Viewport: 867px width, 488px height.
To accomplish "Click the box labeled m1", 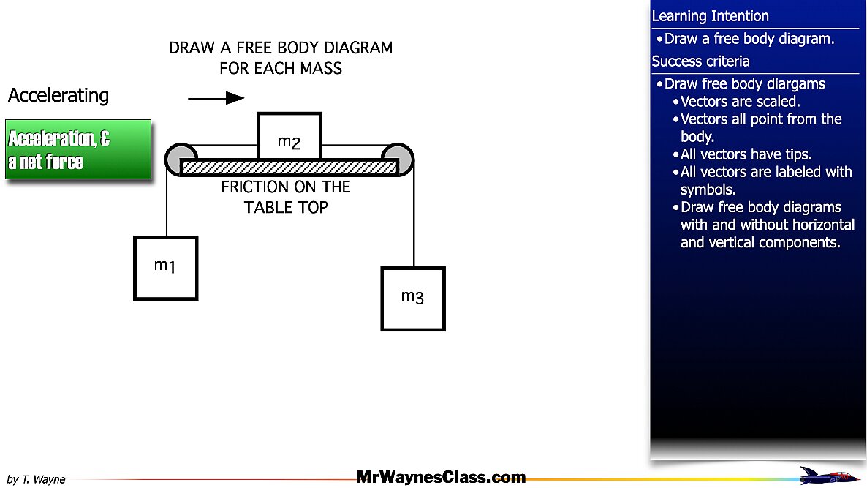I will (x=165, y=268).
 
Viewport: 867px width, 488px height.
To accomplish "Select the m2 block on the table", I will (x=289, y=136).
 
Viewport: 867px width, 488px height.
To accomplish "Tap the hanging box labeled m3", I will (x=413, y=299).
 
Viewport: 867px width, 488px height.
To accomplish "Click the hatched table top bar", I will (x=289, y=167).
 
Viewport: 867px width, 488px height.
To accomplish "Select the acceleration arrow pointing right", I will (x=216, y=98).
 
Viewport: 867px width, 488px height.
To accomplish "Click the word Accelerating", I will (x=58, y=95).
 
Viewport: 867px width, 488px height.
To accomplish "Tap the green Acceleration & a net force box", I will (x=78, y=149).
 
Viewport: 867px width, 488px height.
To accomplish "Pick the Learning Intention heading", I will (x=710, y=16).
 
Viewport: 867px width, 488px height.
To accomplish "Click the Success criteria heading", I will (x=700, y=61).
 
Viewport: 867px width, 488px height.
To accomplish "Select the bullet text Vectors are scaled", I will (x=740, y=102).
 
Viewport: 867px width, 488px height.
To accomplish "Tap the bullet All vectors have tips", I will (x=746, y=154).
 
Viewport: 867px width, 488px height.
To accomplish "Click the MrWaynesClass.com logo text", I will (x=441, y=478).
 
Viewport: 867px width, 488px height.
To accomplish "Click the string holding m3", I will (x=414, y=219).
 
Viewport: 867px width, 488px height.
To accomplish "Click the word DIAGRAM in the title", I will (x=357, y=48).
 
